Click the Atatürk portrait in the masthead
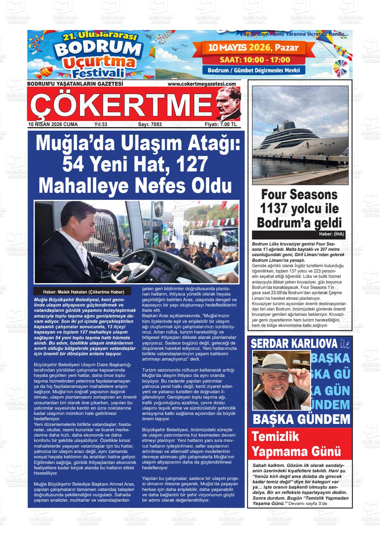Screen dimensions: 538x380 pyautogui.click(x=228, y=103)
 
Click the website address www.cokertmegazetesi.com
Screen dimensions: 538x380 pyautogui.click(x=202, y=84)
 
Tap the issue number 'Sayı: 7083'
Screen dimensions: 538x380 pyautogui.click(x=150, y=124)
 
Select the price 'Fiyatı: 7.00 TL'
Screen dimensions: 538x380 pyautogui.click(x=221, y=124)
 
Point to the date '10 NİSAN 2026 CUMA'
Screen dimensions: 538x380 pyautogui.click(x=53, y=124)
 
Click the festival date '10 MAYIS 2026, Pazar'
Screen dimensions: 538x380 pyautogui.click(x=253, y=47)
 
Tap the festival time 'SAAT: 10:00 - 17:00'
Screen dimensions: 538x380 pyautogui.click(x=255, y=60)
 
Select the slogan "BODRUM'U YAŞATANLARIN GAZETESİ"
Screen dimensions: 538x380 pyautogui.click(x=75, y=84)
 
